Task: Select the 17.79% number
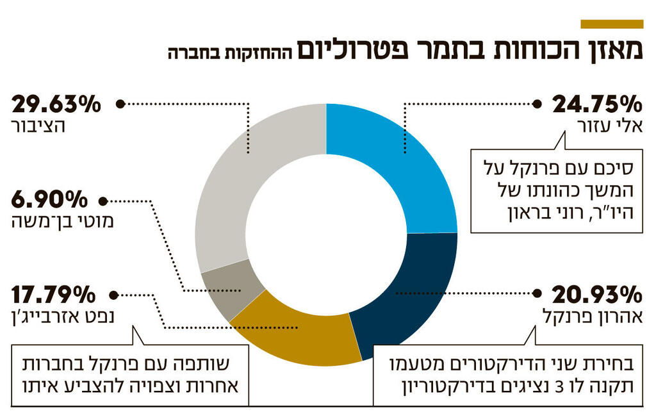pyautogui.click(x=54, y=295)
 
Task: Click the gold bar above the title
pyautogui.click(x=611, y=24)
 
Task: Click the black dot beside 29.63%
pyautogui.click(x=119, y=103)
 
